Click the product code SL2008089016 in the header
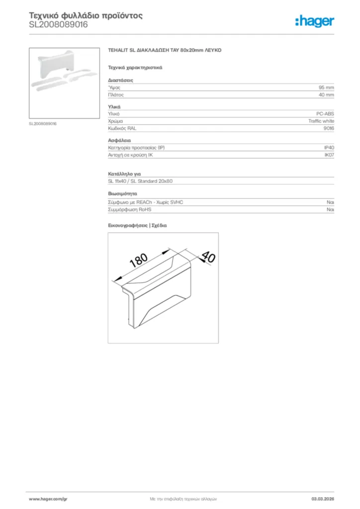pyautogui.click(x=58, y=24)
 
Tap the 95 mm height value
pyautogui.click(x=326, y=87)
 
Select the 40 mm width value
pyautogui.click(x=326, y=94)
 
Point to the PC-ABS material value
pyautogui.click(x=325, y=114)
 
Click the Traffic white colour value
pyautogui.click(x=321, y=121)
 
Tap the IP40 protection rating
pyautogui.click(x=329, y=148)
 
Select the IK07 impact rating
pyautogui.click(x=329, y=155)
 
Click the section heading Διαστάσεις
pyautogui.click(x=120, y=80)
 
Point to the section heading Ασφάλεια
pyautogui.click(x=119, y=141)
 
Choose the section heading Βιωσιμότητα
pyautogui.click(x=122, y=193)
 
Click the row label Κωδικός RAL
pyautogui.click(x=122, y=128)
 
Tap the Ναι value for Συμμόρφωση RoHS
pyautogui.click(x=330, y=210)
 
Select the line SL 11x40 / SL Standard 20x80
pyautogui.click(x=140, y=181)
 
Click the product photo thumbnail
pyautogui.click(x=64, y=84)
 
